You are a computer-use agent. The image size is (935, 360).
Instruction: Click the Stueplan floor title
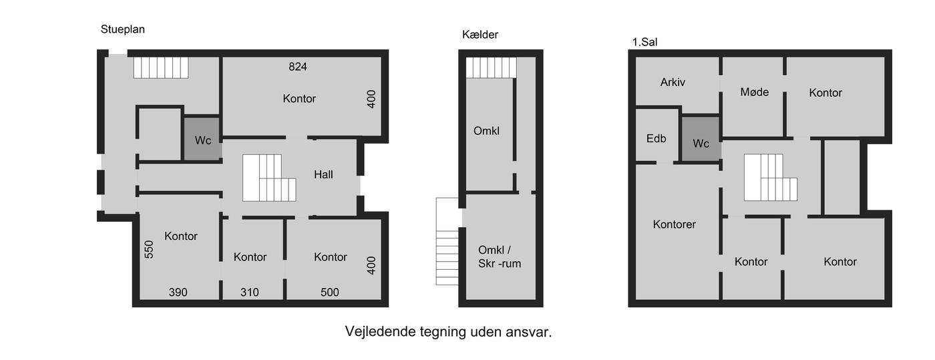coord(123,29)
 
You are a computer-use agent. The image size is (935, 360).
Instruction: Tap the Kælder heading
coord(480,35)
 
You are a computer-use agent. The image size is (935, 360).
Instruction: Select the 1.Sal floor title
coord(645,42)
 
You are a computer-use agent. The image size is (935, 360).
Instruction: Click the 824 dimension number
coord(298,67)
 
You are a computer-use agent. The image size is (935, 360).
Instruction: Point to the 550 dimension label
coord(149,249)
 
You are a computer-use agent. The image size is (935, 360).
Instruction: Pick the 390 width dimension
coord(178,293)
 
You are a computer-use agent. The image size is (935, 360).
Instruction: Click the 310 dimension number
coord(250,293)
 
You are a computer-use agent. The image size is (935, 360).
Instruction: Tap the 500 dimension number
coord(330,293)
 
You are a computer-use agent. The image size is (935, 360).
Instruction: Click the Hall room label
coord(323,174)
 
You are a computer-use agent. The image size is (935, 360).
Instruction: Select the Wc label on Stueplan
coord(203,141)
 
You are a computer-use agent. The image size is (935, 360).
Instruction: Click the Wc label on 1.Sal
coord(701,144)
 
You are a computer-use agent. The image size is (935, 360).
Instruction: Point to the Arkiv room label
coord(673,82)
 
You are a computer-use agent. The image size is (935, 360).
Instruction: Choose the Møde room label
coord(754,92)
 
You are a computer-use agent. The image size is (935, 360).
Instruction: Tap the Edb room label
coord(656,139)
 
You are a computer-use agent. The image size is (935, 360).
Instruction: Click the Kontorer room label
coord(675,224)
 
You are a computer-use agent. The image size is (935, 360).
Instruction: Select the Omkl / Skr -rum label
coord(500,257)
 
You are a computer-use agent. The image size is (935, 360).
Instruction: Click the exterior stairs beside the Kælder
coord(447,241)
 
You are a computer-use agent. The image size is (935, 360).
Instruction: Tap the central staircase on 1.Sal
coord(771,178)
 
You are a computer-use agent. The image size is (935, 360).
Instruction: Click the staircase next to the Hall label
coord(269,178)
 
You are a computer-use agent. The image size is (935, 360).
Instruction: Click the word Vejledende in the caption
coord(381,332)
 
